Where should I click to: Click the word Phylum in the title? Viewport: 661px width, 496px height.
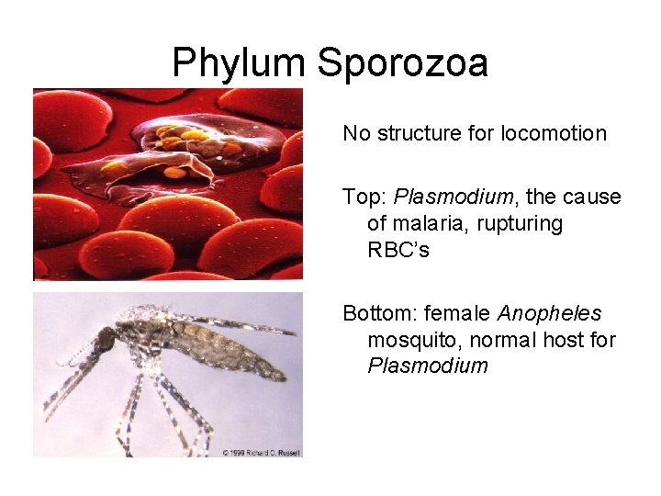tap(239, 63)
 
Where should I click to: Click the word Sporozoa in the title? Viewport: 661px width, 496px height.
tap(402, 63)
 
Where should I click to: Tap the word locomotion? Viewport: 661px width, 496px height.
tap(554, 134)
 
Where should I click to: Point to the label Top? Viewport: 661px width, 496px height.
tap(364, 197)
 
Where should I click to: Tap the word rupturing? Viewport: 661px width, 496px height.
tap(521, 224)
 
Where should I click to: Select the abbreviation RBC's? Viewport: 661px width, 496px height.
tap(398, 250)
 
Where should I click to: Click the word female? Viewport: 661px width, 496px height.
tap(452, 314)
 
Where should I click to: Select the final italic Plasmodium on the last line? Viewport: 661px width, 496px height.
tap(428, 366)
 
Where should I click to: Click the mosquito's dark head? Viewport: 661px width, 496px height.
tap(106, 340)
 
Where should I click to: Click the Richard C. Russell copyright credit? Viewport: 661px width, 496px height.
tap(261, 452)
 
